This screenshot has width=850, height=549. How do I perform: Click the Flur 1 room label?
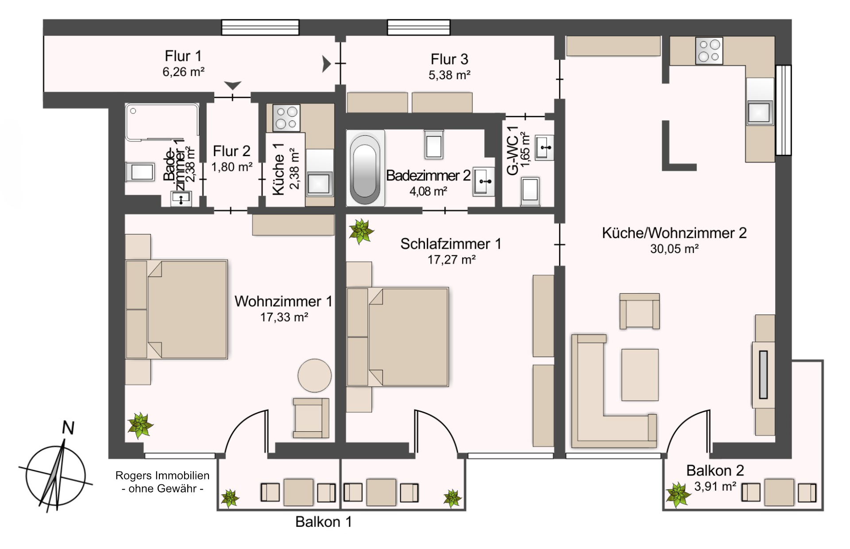tap(183, 56)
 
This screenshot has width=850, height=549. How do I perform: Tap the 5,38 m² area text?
tap(449, 75)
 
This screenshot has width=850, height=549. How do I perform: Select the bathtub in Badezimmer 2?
tap(365, 168)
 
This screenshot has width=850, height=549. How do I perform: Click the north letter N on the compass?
tap(68, 428)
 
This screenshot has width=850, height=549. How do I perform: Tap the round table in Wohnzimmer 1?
tap(314, 375)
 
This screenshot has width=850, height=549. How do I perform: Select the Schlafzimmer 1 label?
tap(451, 244)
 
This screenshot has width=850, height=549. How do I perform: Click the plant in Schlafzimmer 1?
tap(361, 231)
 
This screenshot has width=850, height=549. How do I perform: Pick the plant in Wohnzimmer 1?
tap(140, 425)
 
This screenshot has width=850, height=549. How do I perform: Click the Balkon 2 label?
tap(715, 470)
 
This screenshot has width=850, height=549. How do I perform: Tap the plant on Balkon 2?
tap(678, 495)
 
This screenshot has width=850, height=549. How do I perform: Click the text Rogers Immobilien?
tap(162, 476)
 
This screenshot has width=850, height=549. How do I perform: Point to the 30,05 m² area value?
tap(674, 249)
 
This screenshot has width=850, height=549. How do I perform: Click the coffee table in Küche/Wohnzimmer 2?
tap(640, 375)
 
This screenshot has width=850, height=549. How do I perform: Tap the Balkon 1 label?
tap(324, 522)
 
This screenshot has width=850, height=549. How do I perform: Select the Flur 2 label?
tap(232, 151)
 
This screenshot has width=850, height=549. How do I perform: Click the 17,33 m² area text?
tap(284, 317)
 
